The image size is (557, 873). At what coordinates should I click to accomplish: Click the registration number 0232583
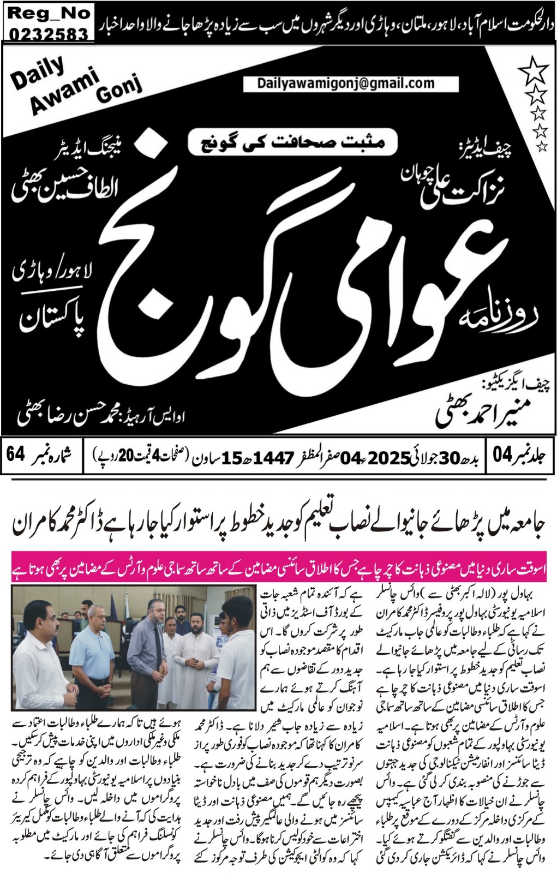(49, 34)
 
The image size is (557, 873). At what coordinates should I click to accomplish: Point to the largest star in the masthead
(534, 71)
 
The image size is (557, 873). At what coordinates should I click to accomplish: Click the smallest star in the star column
(541, 146)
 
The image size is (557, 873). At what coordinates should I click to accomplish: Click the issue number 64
(16, 454)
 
